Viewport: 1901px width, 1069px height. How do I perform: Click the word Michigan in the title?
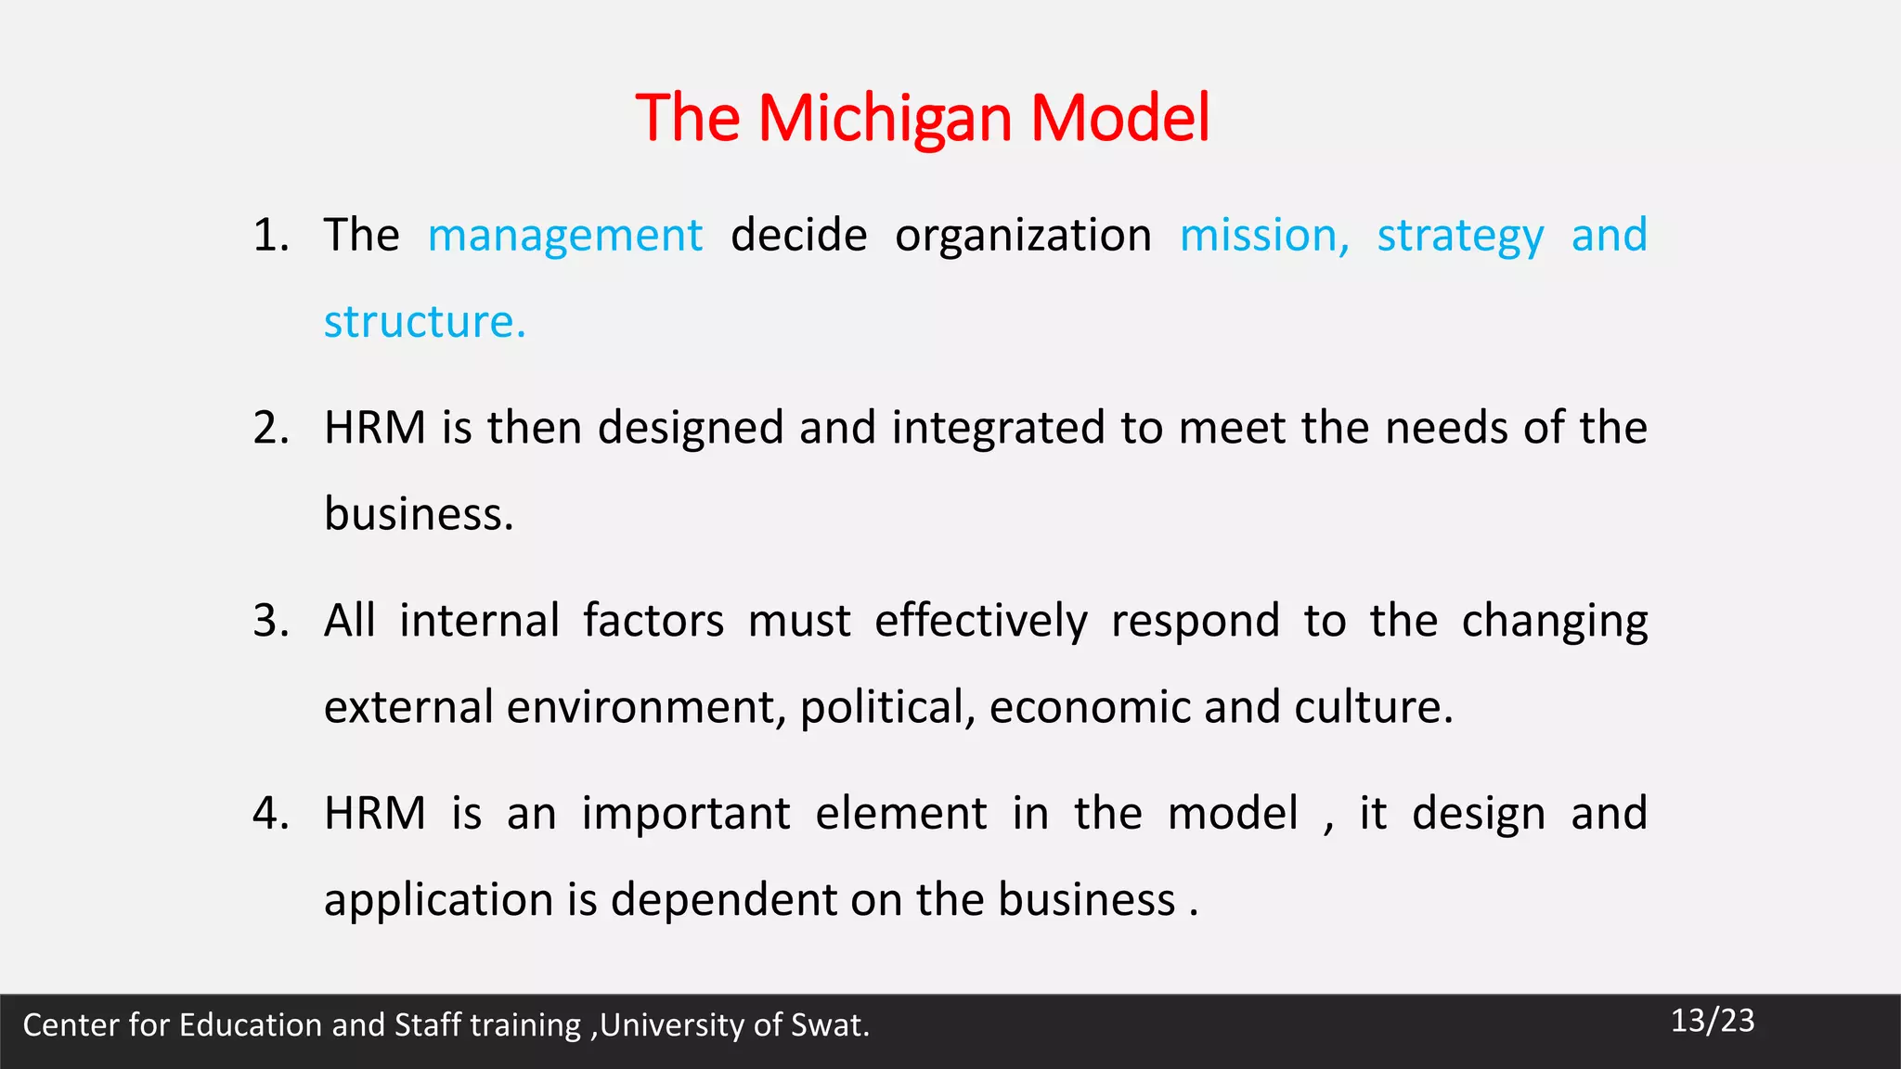click(x=884, y=119)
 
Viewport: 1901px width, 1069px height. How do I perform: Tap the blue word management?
click(x=564, y=236)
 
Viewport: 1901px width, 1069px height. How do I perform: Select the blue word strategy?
click(x=1460, y=236)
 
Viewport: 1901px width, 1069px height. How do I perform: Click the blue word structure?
click(x=424, y=322)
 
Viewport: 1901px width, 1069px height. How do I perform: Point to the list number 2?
click(x=270, y=428)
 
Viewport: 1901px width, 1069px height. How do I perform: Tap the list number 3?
click(x=270, y=621)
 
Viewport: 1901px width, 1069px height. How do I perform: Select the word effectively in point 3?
click(x=980, y=621)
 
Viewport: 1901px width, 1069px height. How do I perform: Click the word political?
click(x=886, y=707)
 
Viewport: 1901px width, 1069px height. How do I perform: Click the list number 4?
click(x=270, y=814)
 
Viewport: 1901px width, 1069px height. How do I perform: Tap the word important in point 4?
click(x=685, y=814)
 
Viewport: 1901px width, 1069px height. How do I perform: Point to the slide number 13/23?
click(x=1712, y=1021)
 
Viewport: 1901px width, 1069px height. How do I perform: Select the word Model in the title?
click(x=1119, y=119)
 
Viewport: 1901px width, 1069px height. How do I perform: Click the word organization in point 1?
click(x=1023, y=236)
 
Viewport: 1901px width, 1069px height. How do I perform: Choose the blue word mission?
click(x=1263, y=236)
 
